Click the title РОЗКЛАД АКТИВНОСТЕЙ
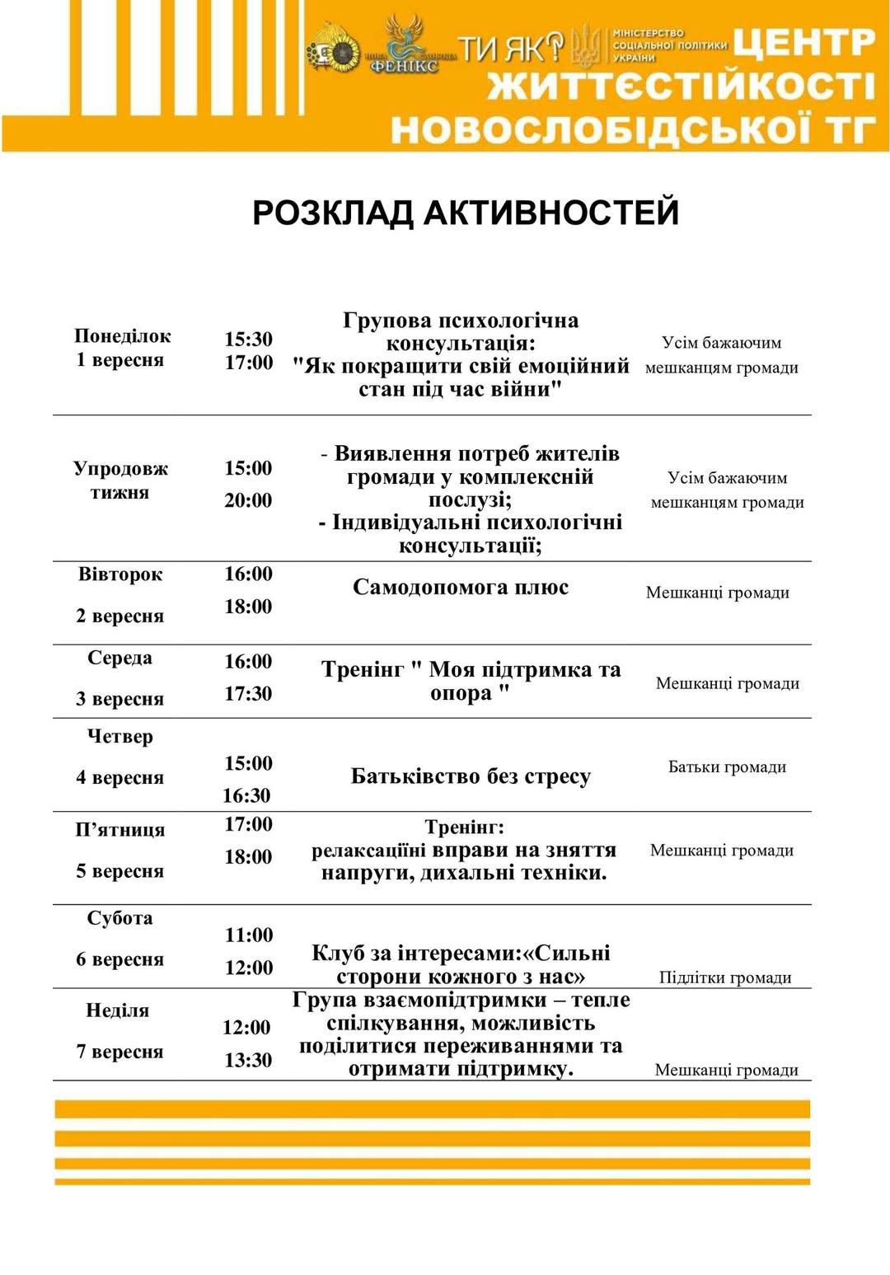coord(466,213)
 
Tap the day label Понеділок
coord(122,336)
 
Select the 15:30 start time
coord(248,340)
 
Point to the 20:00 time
coord(248,500)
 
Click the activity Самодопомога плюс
coord(461,588)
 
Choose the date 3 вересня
coord(120,700)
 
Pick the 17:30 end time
coord(248,694)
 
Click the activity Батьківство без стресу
coord(471,776)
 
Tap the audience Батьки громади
coord(727,767)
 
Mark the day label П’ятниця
coord(120,831)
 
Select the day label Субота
coord(120,918)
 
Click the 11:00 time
coord(249,935)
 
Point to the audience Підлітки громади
coord(725,977)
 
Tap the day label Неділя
coord(118,1010)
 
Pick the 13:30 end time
coord(248,1061)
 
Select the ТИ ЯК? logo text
coord(510,49)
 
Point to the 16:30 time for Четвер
coord(246,796)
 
